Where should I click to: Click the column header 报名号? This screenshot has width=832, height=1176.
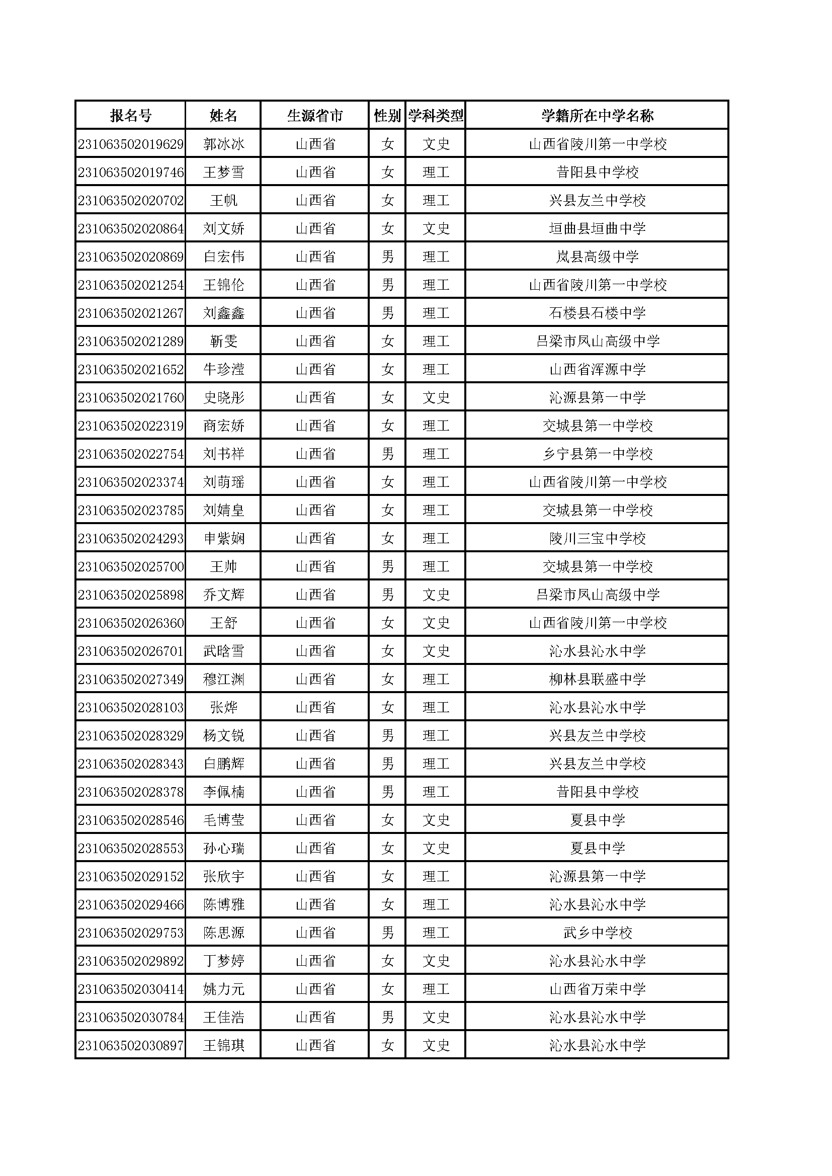tap(131, 116)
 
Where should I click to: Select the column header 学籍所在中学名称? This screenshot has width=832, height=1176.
tap(598, 116)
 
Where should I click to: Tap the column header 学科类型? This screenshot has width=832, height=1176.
tap(436, 116)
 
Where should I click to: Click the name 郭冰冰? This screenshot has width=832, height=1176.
tap(223, 144)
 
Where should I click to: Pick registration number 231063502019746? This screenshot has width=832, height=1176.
tap(131, 172)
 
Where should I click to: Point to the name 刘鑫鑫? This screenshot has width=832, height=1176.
tap(223, 313)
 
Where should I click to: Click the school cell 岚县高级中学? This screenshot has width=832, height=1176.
tap(598, 257)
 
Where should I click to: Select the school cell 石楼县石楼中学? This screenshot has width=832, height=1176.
tap(598, 313)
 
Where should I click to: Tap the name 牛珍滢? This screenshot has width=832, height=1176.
tap(223, 369)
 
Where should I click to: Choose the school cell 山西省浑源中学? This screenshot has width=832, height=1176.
tap(598, 369)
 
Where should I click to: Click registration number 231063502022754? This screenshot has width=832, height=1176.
tap(131, 454)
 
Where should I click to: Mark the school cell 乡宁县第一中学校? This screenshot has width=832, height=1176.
tap(598, 454)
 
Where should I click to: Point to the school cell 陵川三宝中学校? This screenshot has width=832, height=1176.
tap(598, 538)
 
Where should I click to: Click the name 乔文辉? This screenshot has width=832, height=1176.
tap(223, 595)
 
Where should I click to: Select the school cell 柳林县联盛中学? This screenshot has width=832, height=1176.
tap(598, 679)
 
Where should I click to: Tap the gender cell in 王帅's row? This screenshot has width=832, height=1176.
tap(387, 566)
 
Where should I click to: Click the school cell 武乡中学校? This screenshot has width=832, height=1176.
tap(598, 933)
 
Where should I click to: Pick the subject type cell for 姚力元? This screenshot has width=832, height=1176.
tap(436, 989)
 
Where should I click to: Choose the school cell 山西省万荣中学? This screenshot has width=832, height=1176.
tap(598, 989)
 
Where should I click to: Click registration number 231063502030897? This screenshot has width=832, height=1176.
tap(131, 1045)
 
